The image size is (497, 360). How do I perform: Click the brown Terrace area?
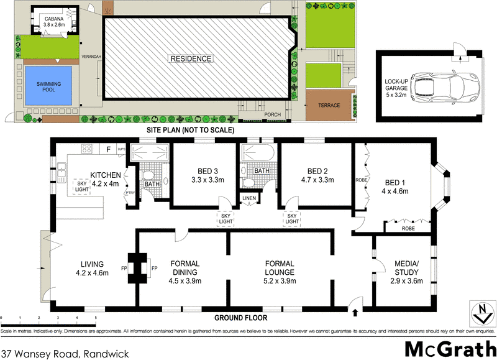[x=329, y=106]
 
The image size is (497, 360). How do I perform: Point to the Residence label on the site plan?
[x=191, y=59]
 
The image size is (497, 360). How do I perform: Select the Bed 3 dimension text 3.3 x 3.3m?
[x=198, y=180]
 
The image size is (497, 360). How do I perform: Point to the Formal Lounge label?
[x=282, y=267]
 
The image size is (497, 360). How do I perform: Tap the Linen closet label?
[x=248, y=199]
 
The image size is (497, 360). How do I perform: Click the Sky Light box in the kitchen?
[x=83, y=188]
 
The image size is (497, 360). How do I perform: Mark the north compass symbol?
[x=478, y=313]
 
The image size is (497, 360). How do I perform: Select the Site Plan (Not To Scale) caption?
[x=189, y=131]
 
